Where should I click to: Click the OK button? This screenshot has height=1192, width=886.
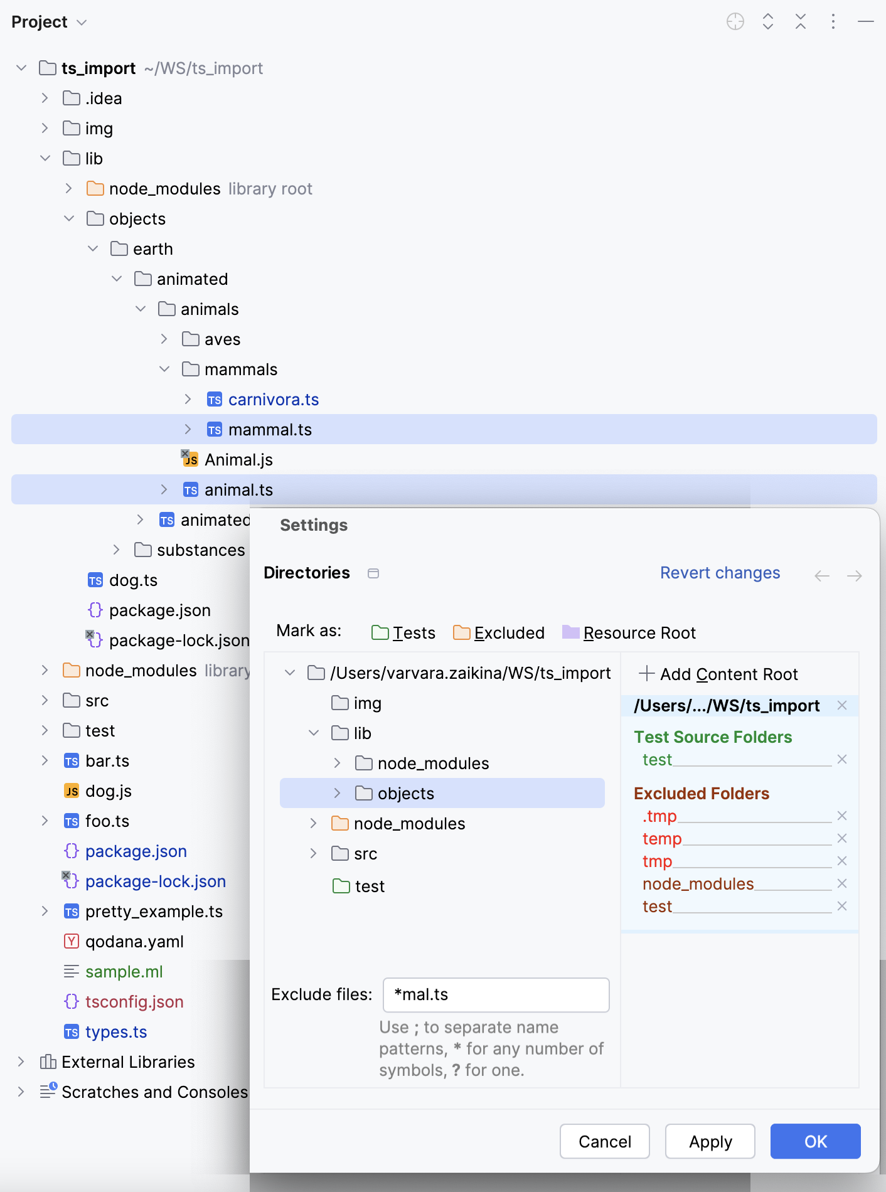coord(815,1141)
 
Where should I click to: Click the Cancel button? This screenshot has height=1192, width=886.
coord(604,1141)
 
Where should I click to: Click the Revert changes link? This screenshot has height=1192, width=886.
coord(720,573)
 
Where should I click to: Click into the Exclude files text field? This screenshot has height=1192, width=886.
coord(496,994)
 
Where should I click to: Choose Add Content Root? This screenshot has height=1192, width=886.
coord(718,674)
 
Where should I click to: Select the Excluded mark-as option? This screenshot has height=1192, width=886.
coord(499,633)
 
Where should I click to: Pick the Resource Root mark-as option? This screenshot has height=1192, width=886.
coord(629,633)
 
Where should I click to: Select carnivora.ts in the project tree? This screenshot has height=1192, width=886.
coord(273,400)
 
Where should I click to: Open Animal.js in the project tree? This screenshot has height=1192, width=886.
coord(238,460)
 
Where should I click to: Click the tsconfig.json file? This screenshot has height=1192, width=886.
coord(134,1002)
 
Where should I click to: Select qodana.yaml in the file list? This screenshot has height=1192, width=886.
coord(134,942)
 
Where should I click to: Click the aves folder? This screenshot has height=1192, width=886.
coord(221,339)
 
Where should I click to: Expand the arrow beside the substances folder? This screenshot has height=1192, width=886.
coord(116,550)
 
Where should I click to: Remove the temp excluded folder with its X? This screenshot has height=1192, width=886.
coord(842,838)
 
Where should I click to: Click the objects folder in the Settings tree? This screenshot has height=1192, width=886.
coord(405,794)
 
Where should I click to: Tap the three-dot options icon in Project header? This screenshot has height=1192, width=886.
coord(833,22)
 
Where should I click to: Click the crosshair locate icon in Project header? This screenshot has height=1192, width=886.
coord(735,22)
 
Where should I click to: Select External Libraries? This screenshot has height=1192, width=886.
coord(127,1062)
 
